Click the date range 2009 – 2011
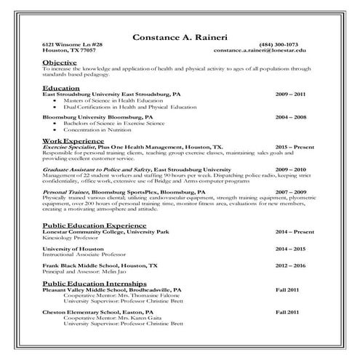pyautogui.click(x=290, y=95)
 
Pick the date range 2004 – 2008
pyautogui.click(x=290, y=116)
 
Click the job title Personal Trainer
pyautogui.click(x=65, y=192)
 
